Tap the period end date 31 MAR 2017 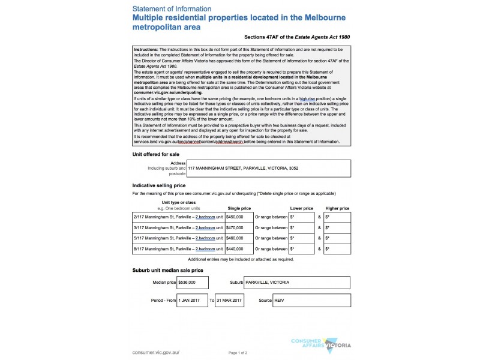229,299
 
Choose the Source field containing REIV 311,299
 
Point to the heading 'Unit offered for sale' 155,154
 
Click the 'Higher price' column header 336,208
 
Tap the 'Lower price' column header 301,208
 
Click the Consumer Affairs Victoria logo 320,344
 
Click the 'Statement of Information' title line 171,9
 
